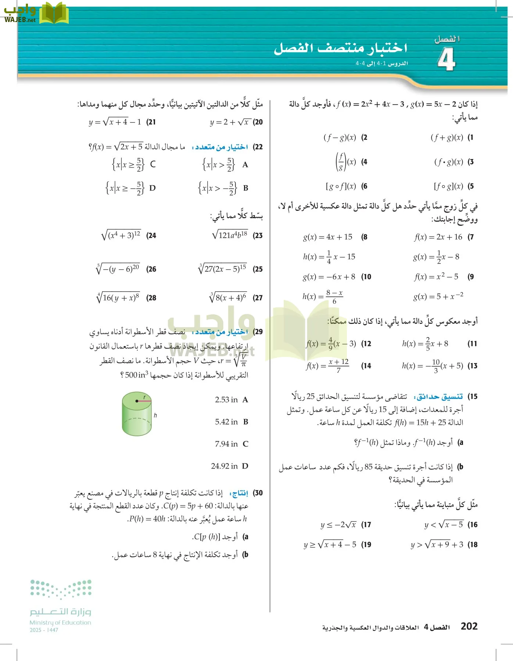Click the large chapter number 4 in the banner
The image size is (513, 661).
[446, 59]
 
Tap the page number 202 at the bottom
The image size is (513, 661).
[469, 626]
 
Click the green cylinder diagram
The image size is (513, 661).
[137, 413]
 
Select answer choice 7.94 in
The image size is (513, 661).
[226, 444]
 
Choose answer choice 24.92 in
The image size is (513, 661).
[225, 466]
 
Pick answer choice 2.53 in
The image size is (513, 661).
[226, 400]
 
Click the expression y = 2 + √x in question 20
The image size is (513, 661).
[230, 122]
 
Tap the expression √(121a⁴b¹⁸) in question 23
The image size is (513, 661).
[230, 235]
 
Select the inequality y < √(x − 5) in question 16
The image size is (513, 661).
[444, 524]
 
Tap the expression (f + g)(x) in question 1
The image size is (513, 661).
[446, 138]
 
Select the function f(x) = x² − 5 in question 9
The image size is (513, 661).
[436, 277]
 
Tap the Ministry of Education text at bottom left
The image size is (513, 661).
[60, 622]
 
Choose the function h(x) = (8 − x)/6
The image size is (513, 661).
[323, 297]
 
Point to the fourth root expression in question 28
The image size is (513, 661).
[118, 298]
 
